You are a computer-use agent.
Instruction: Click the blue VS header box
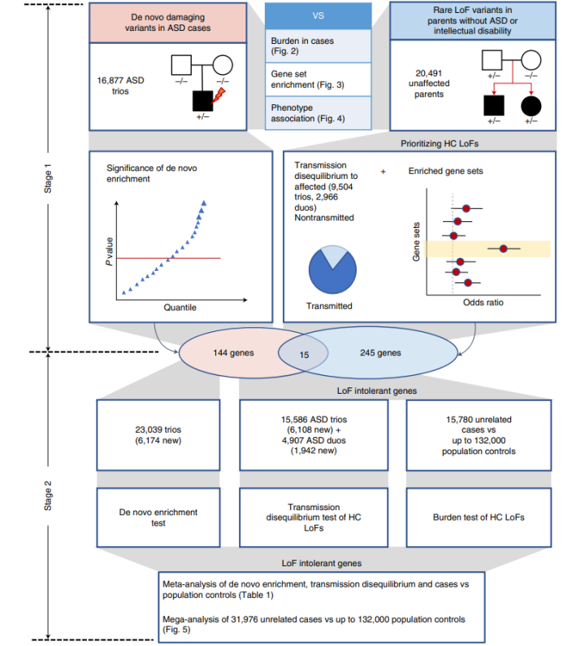click(x=318, y=15)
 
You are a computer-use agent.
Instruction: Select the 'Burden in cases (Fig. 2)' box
click(x=318, y=46)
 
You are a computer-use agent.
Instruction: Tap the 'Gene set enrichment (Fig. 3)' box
click(x=318, y=81)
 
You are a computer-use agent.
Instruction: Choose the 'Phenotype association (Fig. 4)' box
click(x=318, y=113)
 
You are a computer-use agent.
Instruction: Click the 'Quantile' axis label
click(x=180, y=308)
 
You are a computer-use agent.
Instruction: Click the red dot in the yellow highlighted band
click(x=504, y=248)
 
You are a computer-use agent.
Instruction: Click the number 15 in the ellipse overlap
click(x=304, y=354)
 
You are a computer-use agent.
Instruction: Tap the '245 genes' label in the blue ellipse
click(x=380, y=353)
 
